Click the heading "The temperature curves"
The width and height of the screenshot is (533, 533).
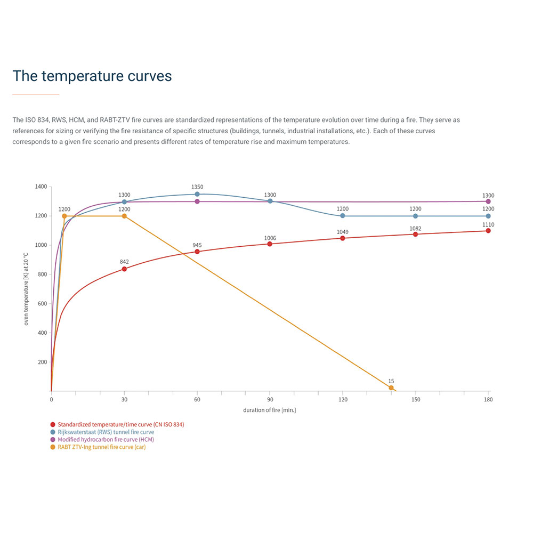pos(92,76)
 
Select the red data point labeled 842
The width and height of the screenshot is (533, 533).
pos(124,269)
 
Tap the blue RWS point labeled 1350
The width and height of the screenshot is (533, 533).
pos(197,194)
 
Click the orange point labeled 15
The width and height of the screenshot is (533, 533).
pos(391,387)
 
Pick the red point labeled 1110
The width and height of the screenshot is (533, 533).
pos(488,230)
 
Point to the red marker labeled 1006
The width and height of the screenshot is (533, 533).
pos(270,244)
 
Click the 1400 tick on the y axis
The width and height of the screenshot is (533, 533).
pos(41,187)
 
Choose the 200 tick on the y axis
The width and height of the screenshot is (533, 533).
pos(42,362)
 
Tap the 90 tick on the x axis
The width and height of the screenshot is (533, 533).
pos(270,399)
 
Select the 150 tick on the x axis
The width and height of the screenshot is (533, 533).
pos(415,399)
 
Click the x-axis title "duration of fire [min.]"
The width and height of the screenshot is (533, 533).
pos(269,410)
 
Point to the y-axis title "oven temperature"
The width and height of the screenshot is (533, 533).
pos(26,290)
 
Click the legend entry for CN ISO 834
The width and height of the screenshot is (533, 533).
pos(120,424)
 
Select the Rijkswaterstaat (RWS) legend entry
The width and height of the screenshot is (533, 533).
pos(106,432)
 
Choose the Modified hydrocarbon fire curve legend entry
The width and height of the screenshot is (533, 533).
pos(106,439)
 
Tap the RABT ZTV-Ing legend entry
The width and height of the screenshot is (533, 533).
pos(101,447)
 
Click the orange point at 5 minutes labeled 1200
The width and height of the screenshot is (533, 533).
pos(64,216)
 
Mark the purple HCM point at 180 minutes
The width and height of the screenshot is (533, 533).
pos(488,201)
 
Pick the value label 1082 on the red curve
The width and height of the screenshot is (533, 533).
pos(415,229)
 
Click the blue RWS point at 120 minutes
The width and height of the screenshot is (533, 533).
pos(342,215)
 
